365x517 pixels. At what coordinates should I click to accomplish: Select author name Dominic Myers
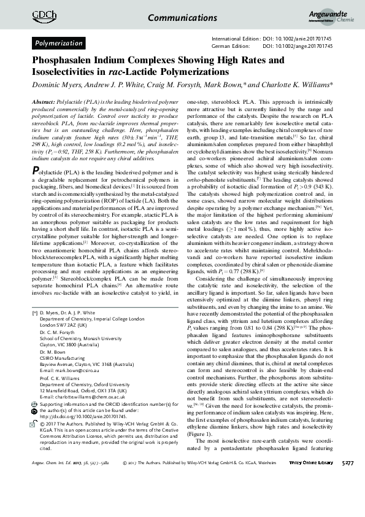pyautogui.click(x=56, y=84)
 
